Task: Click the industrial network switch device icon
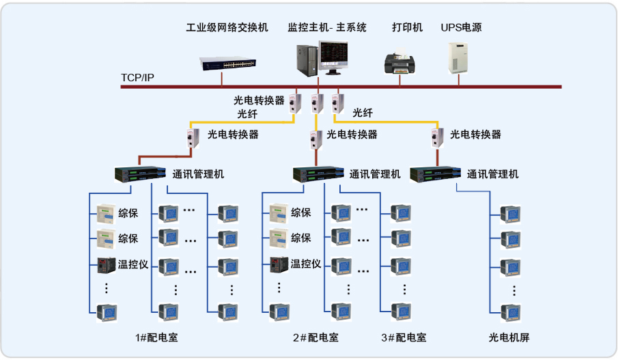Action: click(228, 62)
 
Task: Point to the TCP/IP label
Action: click(138, 77)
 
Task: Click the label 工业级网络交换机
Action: click(227, 28)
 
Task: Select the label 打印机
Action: click(407, 28)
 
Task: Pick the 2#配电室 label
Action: click(315, 337)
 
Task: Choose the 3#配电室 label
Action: click(403, 337)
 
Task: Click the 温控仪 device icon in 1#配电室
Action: click(106, 264)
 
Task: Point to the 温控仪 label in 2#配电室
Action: click(306, 264)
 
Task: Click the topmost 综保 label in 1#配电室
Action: click(128, 213)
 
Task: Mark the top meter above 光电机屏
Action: click(510, 214)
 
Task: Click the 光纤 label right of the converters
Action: click(363, 113)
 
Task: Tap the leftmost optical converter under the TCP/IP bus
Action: click(296, 102)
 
